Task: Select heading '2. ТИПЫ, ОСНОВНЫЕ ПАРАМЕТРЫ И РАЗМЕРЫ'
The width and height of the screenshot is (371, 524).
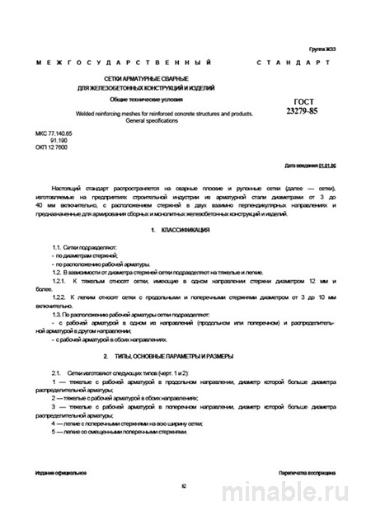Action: point(174,356)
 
